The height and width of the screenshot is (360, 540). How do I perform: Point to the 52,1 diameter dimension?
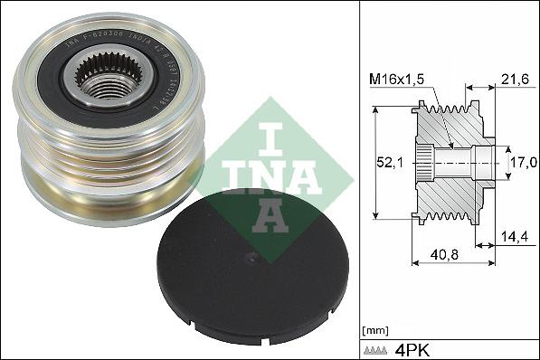tap(390, 163)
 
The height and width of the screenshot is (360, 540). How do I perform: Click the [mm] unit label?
tap(373, 328)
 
